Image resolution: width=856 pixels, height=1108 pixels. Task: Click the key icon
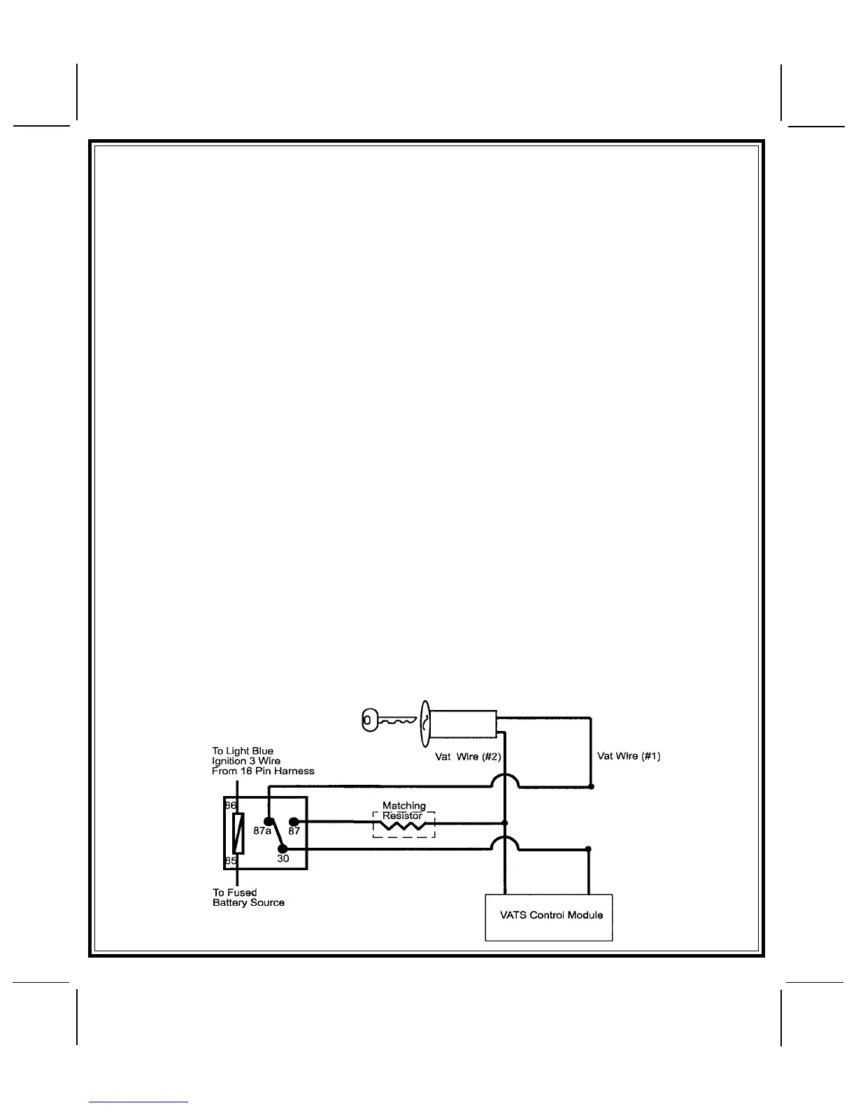[x=387, y=720]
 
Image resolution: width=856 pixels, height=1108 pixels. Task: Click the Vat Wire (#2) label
[x=468, y=757]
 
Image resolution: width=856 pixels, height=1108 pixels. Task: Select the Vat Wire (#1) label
[x=629, y=756]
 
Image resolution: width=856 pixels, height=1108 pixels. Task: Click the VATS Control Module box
[x=549, y=917]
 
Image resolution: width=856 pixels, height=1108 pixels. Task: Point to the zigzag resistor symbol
[x=404, y=827]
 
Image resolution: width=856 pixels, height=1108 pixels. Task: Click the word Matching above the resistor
[x=404, y=806]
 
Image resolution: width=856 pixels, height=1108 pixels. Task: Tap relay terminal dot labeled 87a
[x=268, y=821]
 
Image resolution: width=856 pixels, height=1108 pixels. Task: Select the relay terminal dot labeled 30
[x=282, y=848]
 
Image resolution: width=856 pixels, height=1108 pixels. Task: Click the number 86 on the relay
[x=231, y=806]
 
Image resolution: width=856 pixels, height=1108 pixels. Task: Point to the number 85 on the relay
[x=231, y=861]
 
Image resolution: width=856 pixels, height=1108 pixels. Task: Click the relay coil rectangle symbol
[x=238, y=833]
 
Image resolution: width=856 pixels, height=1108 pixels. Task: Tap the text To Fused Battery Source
[x=248, y=897]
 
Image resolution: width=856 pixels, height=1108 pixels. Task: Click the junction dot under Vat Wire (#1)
[x=591, y=787]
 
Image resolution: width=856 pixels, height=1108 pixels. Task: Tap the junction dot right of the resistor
[x=505, y=823]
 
